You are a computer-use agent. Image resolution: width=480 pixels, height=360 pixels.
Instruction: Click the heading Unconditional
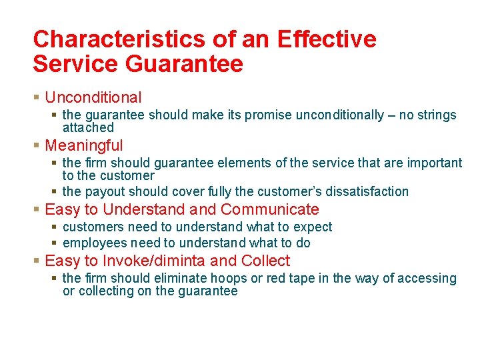click(93, 97)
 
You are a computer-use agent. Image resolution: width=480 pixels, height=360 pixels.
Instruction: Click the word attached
click(88, 127)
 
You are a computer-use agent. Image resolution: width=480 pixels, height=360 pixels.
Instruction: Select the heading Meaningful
click(84, 145)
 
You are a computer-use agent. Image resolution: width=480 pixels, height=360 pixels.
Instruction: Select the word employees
click(94, 243)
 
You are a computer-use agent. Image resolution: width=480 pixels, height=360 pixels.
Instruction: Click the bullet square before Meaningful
click(37, 145)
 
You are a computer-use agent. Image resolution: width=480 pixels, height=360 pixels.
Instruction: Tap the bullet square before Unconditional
click(37, 98)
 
